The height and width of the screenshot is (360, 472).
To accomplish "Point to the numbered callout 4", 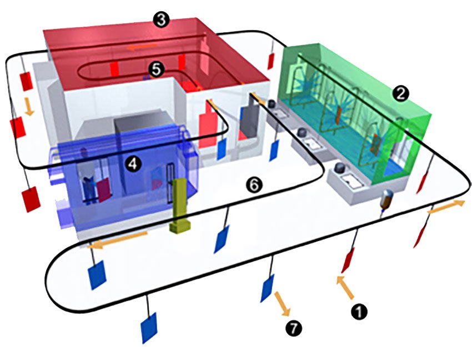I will (x=131, y=163).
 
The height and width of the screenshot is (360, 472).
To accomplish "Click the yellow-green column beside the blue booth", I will (x=180, y=206).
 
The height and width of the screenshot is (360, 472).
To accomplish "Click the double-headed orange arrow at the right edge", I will (x=446, y=208).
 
